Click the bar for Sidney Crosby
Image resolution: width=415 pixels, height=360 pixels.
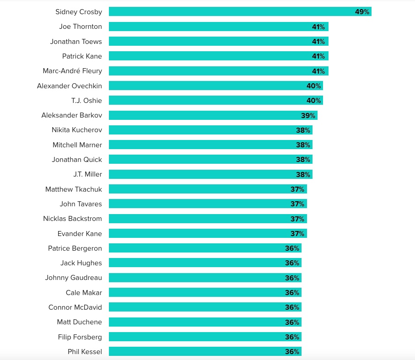click(x=229, y=12)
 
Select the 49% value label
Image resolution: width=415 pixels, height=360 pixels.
click(x=362, y=12)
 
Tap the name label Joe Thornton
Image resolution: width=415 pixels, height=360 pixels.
click(x=81, y=27)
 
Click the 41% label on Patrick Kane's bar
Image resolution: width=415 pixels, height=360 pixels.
click(x=318, y=56)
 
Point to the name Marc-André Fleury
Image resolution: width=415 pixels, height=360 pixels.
click(x=72, y=71)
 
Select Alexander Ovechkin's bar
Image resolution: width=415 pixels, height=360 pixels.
click(x=206, y=86)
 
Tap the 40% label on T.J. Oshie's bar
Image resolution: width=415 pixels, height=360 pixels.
click(x=313, y=101)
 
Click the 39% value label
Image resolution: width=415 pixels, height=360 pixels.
click(x=308, y=115)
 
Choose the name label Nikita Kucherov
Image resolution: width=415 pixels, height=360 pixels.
click(x=77, y=130)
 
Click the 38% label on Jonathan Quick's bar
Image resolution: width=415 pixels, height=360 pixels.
click(x=303, y=160)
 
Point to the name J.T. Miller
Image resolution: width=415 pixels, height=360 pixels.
click(x=87, y=174)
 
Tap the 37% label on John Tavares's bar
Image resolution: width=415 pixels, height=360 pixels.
click(x=297, y=204)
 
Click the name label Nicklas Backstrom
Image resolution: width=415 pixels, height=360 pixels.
click(x=72, y=219)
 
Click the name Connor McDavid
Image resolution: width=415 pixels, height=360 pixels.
click(x=75, y=307)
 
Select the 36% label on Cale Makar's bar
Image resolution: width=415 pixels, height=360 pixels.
click(x=292, y=293)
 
